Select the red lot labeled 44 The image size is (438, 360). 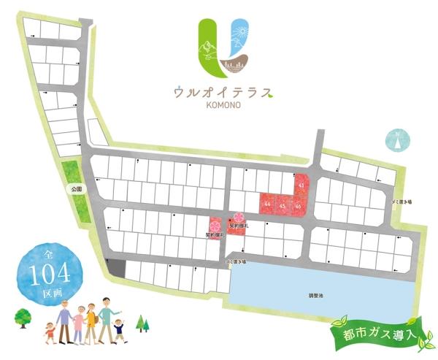coord(268,204)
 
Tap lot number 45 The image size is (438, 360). coord(283,206)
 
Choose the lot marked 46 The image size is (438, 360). coord(298,206)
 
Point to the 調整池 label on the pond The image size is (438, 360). coord(314,296)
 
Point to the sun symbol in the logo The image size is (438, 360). coord(241,32)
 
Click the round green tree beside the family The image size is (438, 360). coord(22,318)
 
